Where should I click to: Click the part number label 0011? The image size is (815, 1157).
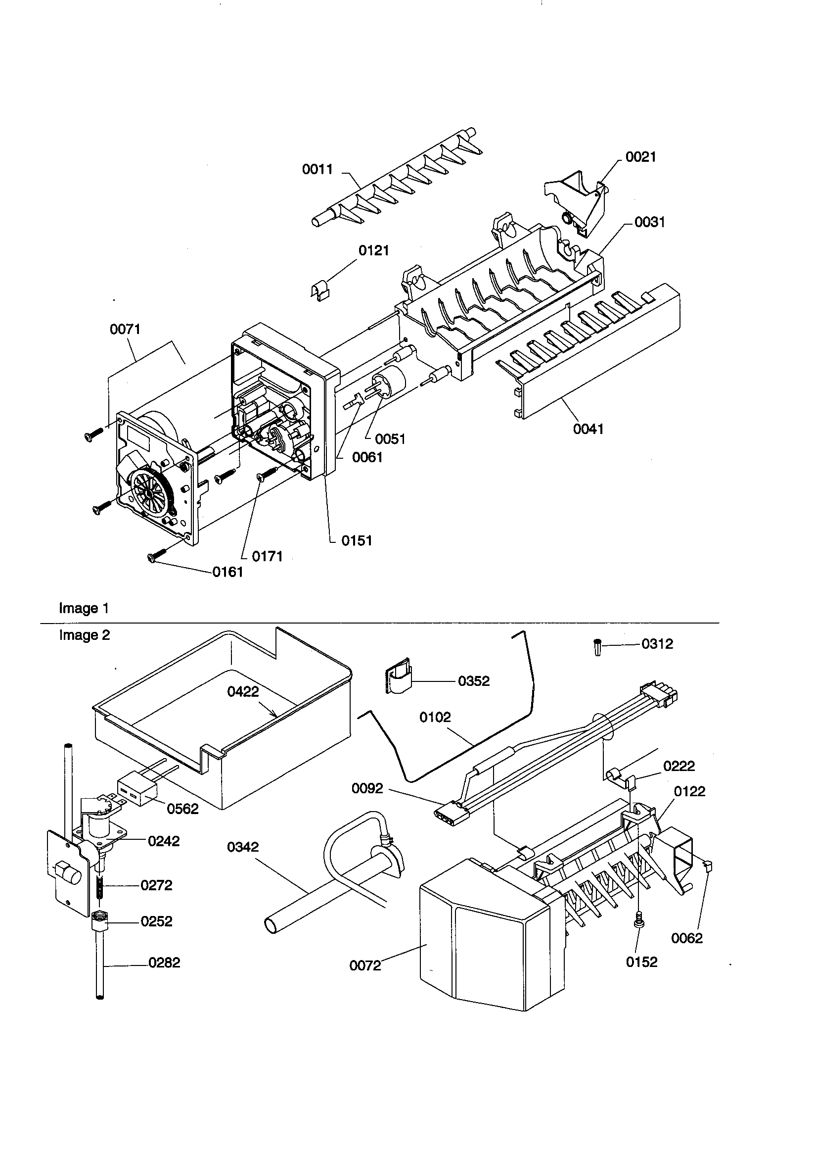pyautogui.click(x=317, y=169)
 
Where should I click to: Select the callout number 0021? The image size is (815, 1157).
pyautogui.click(x=641, y=157)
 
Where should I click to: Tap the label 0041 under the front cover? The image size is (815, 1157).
pyautogui.click(x=589, y=430)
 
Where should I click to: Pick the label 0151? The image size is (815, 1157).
pyautogui.click(x=357, y=541)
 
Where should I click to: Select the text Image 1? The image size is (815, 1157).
pyautogui.click(x=84, y=608)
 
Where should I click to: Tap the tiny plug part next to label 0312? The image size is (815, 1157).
pyautogui.click(x=597, y=646)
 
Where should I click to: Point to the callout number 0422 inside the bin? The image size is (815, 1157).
pyautogui.click(x=243, y=692)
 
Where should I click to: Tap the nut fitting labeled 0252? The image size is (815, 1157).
pyautogui.click(x=99, y=921)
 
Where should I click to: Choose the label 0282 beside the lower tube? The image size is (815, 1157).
pyautogui.click(x=164, y=963)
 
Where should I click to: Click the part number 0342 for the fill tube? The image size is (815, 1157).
pyautogui.click(x=243, y=847)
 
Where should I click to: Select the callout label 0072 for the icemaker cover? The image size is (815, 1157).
pyautogui.click(x=364, y=966)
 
